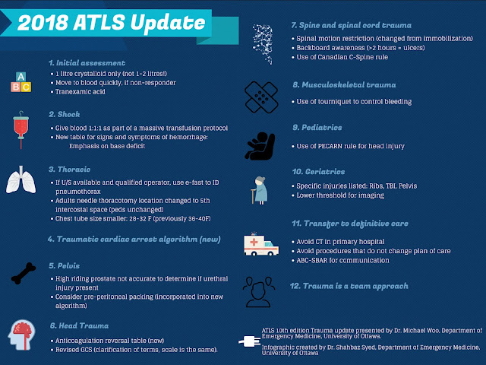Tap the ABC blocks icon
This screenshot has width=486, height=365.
pyautogui.click(x=21, y=81)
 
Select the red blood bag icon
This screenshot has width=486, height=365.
pyautogui.click(x=22, y=130)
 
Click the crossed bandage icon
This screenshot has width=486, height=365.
pyautogui.click(x=261, y=95)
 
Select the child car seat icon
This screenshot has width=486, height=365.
pyautogui.click(x=260, y=144)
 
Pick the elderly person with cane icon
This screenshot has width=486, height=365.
pyautogui.click(x=260, y=189)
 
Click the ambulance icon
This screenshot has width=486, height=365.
pyautogui.click(x=260, y=244)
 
